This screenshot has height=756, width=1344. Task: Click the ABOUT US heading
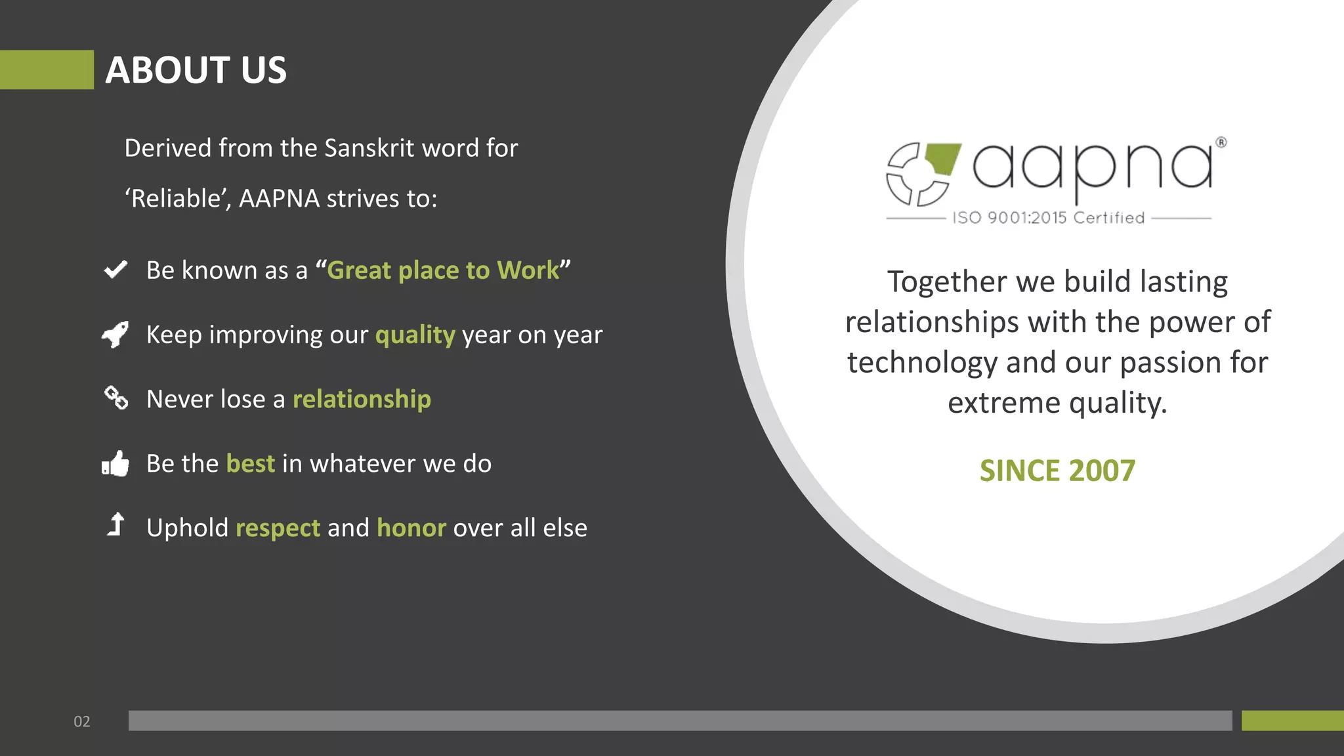tap(196, 70)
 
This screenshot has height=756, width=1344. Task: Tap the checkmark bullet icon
tap(115, 269)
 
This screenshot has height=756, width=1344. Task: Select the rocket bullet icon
tap(115, 334)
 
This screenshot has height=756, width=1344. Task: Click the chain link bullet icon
tap(116, 397)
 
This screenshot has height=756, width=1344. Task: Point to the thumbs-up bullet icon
tap(115, 463)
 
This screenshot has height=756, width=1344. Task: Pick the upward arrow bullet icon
tap(116, 524)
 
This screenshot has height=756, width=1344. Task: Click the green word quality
tap(415, 335)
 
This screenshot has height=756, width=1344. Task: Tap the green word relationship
tap(362, 399)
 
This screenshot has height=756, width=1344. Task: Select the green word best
tap(250, 463)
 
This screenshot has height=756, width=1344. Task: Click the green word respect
tap(278, 528)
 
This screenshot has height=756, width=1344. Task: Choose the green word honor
tap(411, 528)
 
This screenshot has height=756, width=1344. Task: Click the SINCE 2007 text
tap(1057, 471)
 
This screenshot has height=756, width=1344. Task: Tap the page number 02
tap(82, 721)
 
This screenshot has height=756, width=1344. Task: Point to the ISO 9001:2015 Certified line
tap(1048, 218)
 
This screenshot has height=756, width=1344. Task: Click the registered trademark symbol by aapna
tap(1221, 142)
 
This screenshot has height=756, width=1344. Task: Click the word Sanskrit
tap(369, 148)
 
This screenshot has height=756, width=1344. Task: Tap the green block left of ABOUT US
tap(47, 70)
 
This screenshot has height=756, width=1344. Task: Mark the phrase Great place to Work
tap(443, 270)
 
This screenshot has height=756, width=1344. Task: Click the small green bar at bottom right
tap(1292, 721)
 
